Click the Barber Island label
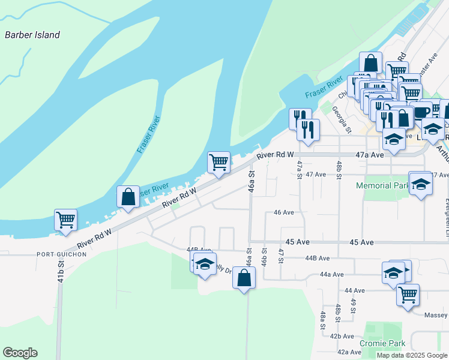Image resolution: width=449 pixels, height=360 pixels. [32, 35]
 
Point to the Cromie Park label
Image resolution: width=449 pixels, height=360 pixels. [382, 343]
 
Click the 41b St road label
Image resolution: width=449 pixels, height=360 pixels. [60, 272]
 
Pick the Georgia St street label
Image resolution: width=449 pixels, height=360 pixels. [343, 118]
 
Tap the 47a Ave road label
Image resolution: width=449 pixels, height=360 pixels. [369, 155]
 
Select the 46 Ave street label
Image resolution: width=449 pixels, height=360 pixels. [283, 212]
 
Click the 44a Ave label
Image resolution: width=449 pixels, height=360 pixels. [331, 274]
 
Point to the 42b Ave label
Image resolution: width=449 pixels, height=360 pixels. [342, 336]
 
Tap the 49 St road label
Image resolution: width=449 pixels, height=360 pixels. [354, 306]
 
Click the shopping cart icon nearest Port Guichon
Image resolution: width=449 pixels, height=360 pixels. [65, 219]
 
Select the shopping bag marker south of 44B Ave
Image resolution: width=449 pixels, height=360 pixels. [244, 278]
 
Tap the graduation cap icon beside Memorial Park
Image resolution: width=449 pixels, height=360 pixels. [421, 183]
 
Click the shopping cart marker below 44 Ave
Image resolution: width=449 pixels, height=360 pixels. [408, 295]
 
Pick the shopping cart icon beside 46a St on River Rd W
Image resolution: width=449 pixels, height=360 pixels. [218, 162]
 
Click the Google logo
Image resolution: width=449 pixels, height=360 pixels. [20, 353]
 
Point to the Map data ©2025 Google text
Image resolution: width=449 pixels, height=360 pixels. [411, 355]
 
